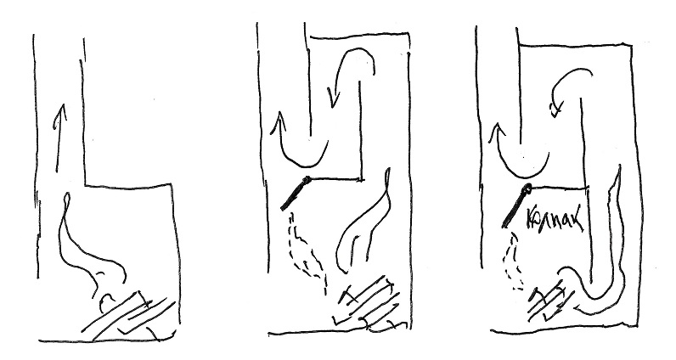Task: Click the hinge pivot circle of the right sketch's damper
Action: pyautogui.click(x=527, y=188)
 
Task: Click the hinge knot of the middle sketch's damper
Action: pyautogui.click(x=307, y=179)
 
